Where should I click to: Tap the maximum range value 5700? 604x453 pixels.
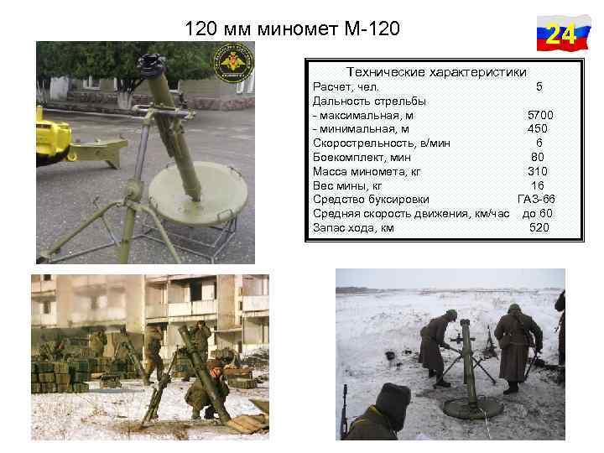point(539,114)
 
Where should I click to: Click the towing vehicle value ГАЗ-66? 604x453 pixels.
point(536,199)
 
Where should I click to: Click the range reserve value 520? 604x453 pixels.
point(539,227)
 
